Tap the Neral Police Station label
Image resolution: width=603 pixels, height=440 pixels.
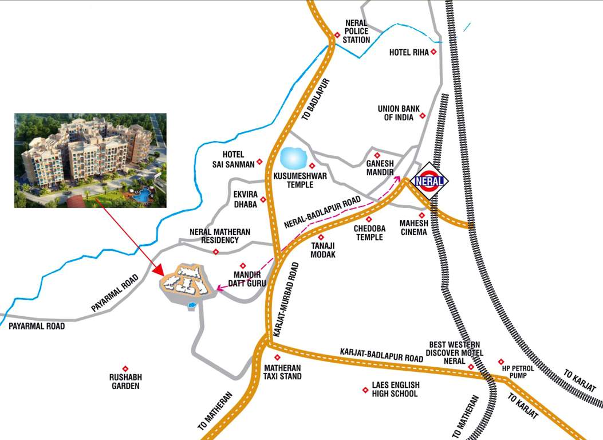(x=356, y=32)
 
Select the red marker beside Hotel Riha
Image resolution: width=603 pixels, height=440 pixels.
(x=433, y=52)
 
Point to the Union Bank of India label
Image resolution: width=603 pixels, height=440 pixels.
(x=397, y=112)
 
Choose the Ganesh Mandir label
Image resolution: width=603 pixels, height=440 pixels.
(x=379, y=167)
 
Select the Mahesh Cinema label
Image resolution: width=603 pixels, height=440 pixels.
(x=413, y=227)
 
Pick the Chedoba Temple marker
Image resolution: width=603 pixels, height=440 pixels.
(x=368, y=219)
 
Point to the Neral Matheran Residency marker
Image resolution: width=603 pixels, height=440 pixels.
(x=216, y=252)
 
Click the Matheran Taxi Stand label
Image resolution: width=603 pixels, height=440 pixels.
(x=282, y=372)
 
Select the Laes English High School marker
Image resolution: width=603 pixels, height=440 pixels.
(x=365, y=390)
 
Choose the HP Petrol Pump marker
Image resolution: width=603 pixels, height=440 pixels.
(x=501, y=362)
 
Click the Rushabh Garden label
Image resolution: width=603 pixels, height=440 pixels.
(x=125, y=382)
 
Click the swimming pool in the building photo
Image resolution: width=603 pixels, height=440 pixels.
(x=141, y=196)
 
